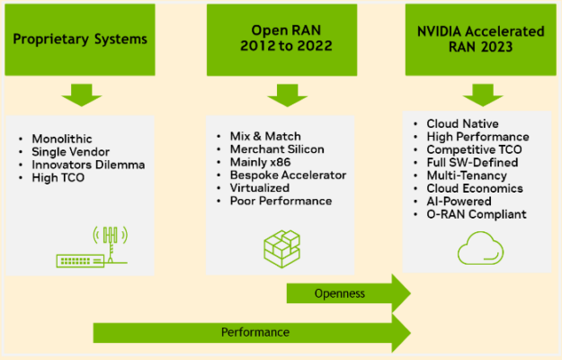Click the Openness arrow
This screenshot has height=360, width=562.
347,293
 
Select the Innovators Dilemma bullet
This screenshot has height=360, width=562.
87,165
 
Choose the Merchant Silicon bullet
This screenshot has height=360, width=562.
273,148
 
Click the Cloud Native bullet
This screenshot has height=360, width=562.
463,123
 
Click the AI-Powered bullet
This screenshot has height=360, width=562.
459,201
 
